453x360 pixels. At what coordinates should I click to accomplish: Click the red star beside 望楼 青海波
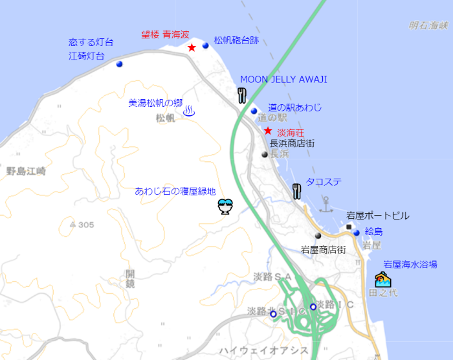192,47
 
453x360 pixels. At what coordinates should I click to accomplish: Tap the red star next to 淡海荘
268,130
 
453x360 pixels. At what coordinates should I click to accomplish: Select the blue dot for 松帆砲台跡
206,45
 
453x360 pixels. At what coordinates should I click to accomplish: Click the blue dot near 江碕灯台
119,64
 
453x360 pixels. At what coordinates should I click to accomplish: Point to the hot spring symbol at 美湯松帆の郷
189,111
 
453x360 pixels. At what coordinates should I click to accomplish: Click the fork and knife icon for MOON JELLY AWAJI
243,96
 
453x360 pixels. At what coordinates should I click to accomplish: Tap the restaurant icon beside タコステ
297,190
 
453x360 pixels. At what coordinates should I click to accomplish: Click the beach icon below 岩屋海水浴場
383,280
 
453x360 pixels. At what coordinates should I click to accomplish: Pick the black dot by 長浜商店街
265,155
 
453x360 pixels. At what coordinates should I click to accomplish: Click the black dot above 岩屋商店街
318,236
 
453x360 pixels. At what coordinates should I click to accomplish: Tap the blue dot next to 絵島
357,232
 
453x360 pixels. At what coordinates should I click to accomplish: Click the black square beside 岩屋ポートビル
349,227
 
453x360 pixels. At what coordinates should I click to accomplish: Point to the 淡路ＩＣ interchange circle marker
313,306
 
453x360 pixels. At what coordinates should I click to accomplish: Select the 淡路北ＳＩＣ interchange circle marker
273,314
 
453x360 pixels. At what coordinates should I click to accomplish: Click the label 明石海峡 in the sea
428,26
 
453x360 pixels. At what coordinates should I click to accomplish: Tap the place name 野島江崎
26,172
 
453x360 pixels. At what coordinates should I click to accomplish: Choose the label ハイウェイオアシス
263,350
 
